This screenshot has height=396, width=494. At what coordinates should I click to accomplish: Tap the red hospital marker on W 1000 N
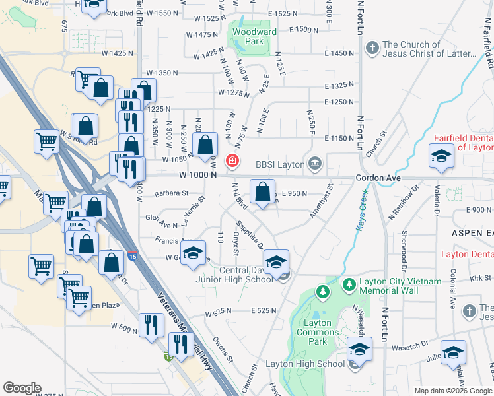pos(232,160)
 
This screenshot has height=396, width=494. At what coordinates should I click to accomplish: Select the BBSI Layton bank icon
pos(315,163)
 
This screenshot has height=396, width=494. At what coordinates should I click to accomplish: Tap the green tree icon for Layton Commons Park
pos(322,291)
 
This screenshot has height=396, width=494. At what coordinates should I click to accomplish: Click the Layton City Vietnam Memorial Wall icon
pos(349,284)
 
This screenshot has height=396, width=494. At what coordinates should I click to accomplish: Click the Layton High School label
pos(305,364)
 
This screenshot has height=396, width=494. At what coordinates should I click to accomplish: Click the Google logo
pos(22,388)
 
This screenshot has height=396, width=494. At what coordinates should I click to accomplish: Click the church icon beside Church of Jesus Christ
pos(372,48)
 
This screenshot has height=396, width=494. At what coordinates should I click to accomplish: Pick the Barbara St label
pos(171,194)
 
